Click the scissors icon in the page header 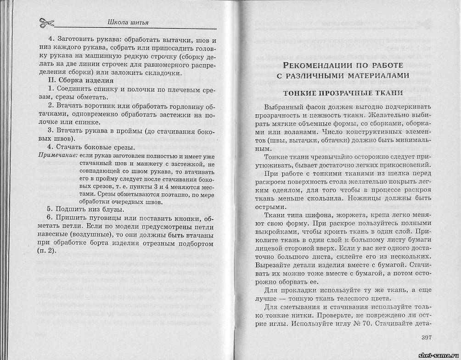point(46,22)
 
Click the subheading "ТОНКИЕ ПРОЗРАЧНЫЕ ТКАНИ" point(343,93)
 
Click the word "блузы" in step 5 point(112,209)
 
